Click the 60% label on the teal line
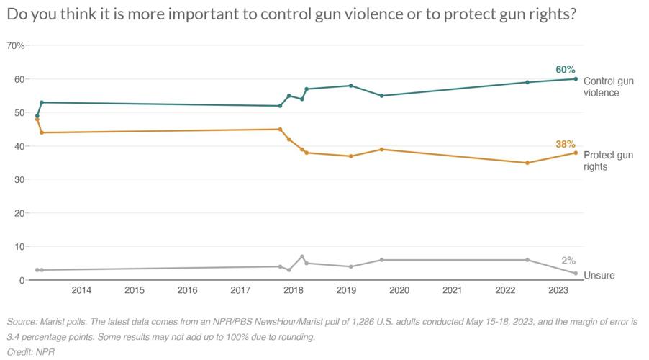(565, 70)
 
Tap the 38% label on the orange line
(565, 144)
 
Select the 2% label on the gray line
(568, 261)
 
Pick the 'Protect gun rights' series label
(608, 161)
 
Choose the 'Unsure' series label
(599, 275)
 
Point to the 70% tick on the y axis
(15, 46)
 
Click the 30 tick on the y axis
(19, 179)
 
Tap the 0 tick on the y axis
(22, 280)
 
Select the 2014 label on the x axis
(81, 291)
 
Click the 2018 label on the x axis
(293, 291)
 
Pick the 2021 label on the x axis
(452, 291)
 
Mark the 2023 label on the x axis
(558, 291)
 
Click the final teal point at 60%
(576, 79)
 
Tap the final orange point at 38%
(576, 153)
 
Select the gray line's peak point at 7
(302, 256)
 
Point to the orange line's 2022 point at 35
(527, 163)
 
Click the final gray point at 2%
(576, 273)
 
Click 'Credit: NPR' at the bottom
(31, 352)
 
